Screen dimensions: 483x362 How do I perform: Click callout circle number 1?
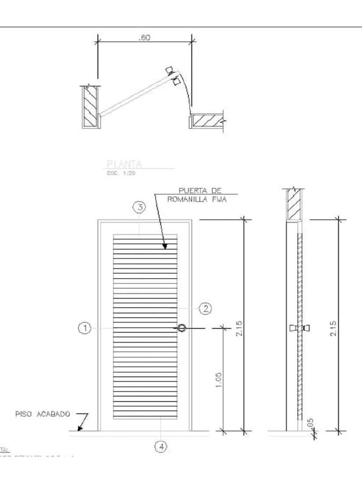tap(84, 328)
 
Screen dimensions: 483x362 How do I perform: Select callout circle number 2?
tap(205, 309)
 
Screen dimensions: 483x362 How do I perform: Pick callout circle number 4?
tap(161, 446)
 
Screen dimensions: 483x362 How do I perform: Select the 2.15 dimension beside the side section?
tap(333, 326)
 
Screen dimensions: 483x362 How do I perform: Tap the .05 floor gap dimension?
tap(310, 423)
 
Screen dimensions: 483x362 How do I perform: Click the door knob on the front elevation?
tap(182, 328)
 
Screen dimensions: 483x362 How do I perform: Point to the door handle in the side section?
tap(300, 328)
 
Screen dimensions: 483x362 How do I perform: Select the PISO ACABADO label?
tap(41, 414)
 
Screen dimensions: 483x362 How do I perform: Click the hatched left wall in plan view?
tap(90, 107)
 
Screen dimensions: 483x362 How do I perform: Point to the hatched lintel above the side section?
tap(294, 204)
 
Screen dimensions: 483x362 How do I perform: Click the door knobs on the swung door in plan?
tap(173, 76)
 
